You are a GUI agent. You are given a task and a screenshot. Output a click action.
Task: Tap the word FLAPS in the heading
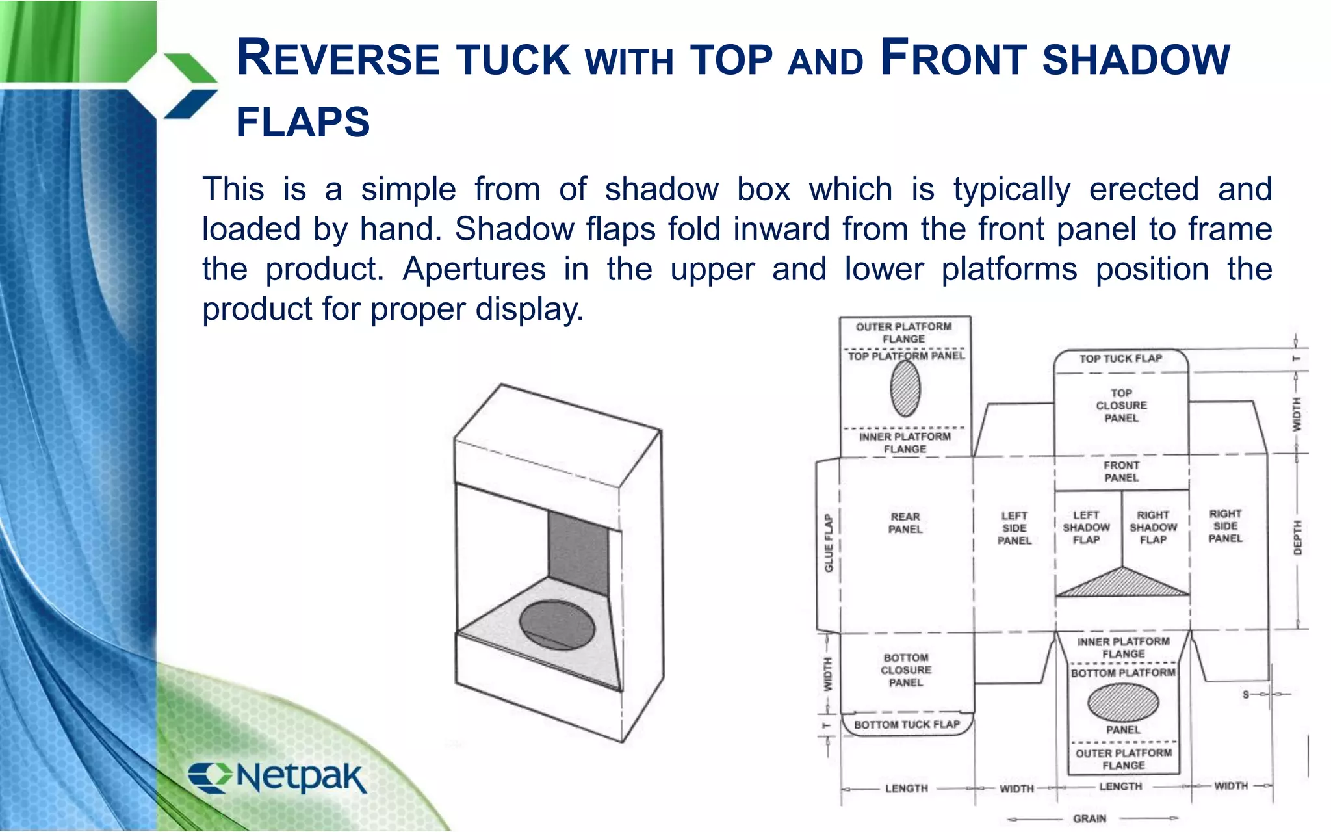303,122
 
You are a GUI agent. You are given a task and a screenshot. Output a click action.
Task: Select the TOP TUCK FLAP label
1120,359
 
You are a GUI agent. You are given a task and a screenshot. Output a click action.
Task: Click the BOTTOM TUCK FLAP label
907,725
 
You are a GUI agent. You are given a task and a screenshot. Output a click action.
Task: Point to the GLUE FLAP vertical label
829,543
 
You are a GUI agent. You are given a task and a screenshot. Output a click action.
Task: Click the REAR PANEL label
905,523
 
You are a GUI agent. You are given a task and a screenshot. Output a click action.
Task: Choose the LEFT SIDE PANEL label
1014,528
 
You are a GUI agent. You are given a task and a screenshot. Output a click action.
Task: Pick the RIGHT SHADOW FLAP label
1153,527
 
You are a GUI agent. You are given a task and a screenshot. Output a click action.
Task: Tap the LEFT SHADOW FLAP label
1086,527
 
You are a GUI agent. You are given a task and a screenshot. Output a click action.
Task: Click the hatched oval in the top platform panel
905,389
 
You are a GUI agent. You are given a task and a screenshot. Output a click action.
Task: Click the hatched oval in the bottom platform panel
1123,702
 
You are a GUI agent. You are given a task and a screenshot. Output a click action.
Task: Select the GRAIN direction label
1090,818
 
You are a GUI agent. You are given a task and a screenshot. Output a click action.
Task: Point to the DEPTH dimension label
1297,538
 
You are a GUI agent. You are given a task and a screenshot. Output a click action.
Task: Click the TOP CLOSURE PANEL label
1121,406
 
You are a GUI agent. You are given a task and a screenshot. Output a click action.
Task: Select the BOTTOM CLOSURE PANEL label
906,670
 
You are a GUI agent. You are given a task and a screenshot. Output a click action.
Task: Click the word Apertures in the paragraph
474,269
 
